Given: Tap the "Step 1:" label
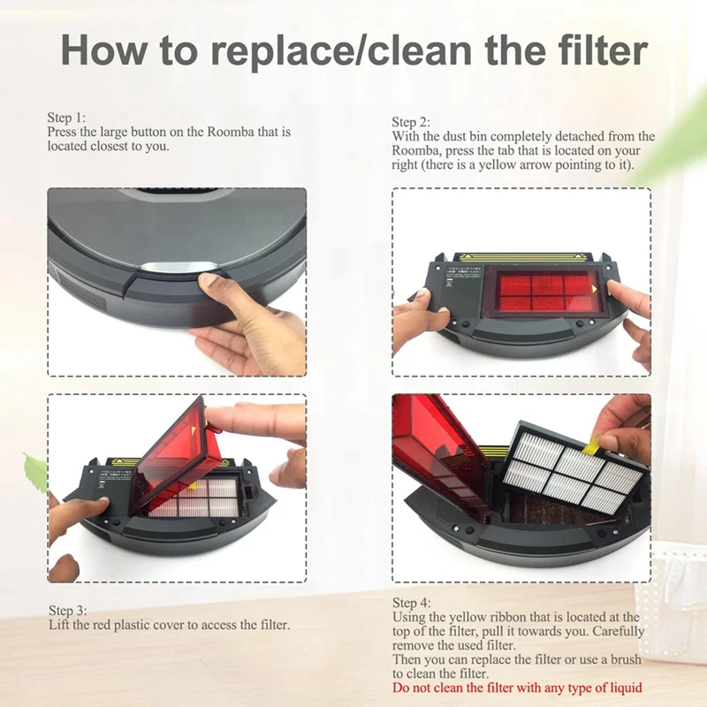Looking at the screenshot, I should [x=67, y=118].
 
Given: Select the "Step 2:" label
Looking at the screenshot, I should [x=411, y=122].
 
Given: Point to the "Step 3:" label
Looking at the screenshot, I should [x=67, y=611].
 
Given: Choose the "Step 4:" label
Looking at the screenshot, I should [x=411, y=603].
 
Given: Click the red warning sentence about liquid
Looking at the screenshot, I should [x=517, y=688].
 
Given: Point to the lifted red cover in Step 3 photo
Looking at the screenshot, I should [x=173, y=450].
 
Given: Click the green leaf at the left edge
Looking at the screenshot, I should [x=35, y=472].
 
